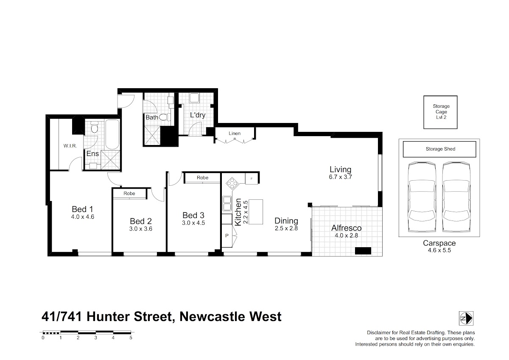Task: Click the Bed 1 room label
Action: click(x=82, y=209)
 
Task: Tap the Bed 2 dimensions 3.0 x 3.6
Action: click(x=141, y=229)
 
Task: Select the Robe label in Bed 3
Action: click(x=202, y=178)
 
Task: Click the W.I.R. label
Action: click(x=70, y=146)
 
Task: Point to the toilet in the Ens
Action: click(x=94, y=127)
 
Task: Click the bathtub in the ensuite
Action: click(x=112, y=134)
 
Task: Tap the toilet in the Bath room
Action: click(x=165, y=117)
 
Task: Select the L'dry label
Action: click(x=198, y=115)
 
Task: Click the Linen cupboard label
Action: click(x=235, y=133)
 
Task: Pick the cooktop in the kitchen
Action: click(x=232, y=183)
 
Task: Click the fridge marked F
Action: click(x=252, y=179)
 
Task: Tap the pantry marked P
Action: click(x=227, y=236)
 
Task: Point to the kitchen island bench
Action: click(x=256, y=212)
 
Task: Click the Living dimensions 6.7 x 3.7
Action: click(x=340, y=177)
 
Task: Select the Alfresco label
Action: click(x=346, y=228)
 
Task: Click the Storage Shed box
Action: click(x=439, y=149)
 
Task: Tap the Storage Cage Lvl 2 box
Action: click(x=440, y=112)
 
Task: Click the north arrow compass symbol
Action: click(x=466, y=318)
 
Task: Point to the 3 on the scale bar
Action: click(x=96, y=338)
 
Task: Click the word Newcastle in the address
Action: click(x=212, y=317)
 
